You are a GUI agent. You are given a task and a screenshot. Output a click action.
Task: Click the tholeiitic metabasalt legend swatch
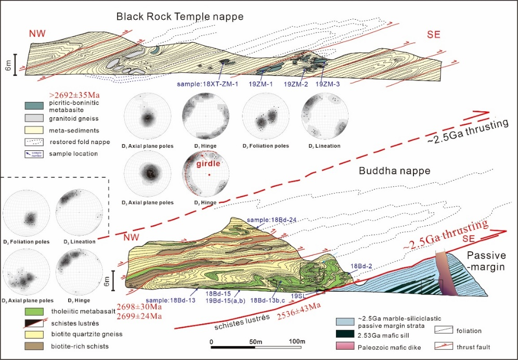click(33, 312)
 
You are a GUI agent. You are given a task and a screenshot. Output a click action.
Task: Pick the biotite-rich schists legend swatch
click(33, 345)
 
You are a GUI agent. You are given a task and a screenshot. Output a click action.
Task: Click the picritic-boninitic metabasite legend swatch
click(33, 106)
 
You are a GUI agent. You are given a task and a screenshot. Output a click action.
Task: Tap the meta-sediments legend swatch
click(33, 130)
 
